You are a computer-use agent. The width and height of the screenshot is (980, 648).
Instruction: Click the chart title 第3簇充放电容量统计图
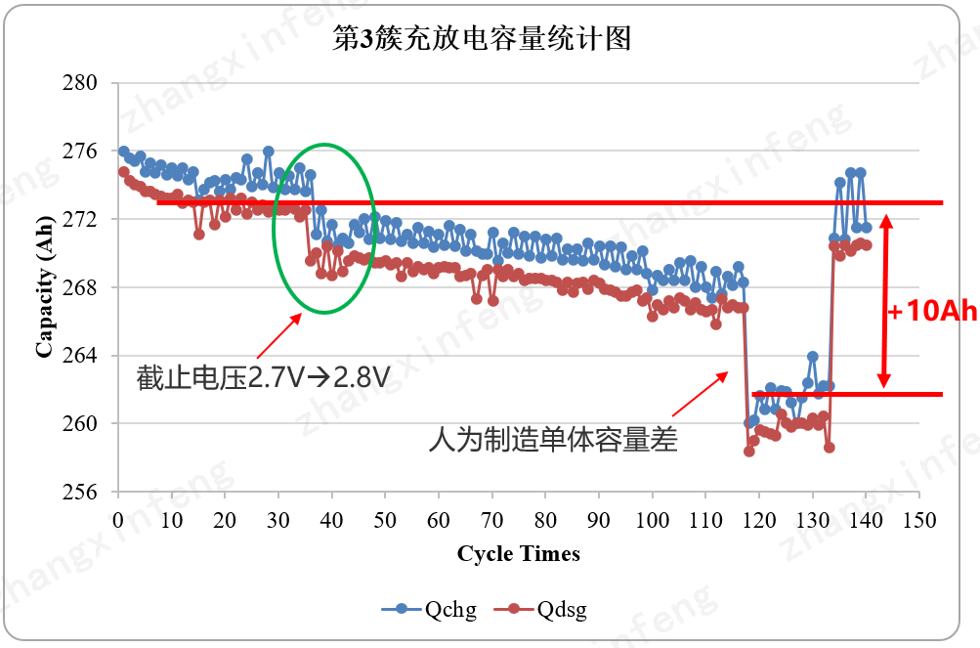point(483,40)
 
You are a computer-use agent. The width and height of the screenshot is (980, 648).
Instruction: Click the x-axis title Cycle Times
point(518,554)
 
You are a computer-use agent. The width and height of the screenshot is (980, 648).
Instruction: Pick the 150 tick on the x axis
point(918,518)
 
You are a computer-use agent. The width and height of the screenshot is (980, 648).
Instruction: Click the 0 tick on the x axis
point(118,518)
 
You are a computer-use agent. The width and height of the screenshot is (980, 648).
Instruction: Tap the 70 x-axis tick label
point(491,518)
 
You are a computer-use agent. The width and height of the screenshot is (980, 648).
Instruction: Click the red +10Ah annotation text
point(932,312)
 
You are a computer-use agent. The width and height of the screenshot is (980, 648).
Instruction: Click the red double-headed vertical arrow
point(885,301)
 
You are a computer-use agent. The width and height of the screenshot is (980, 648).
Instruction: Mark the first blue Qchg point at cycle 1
point(123,151)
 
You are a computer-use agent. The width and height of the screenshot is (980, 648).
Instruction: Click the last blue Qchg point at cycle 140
point(866,228)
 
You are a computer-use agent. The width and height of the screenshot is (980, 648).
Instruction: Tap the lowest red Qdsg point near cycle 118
point(749,452)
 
